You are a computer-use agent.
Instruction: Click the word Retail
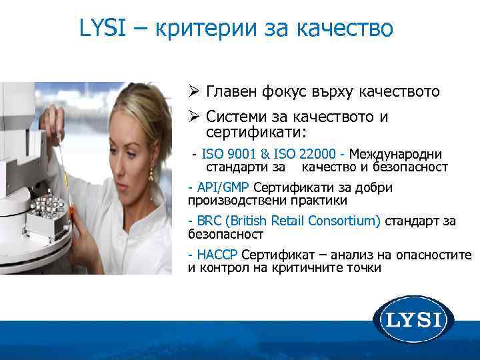[293, 221]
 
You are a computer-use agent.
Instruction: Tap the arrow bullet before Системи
[194, 117]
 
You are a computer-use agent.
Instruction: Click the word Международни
[395, 153]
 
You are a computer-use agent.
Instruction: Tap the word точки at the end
[360, 268]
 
